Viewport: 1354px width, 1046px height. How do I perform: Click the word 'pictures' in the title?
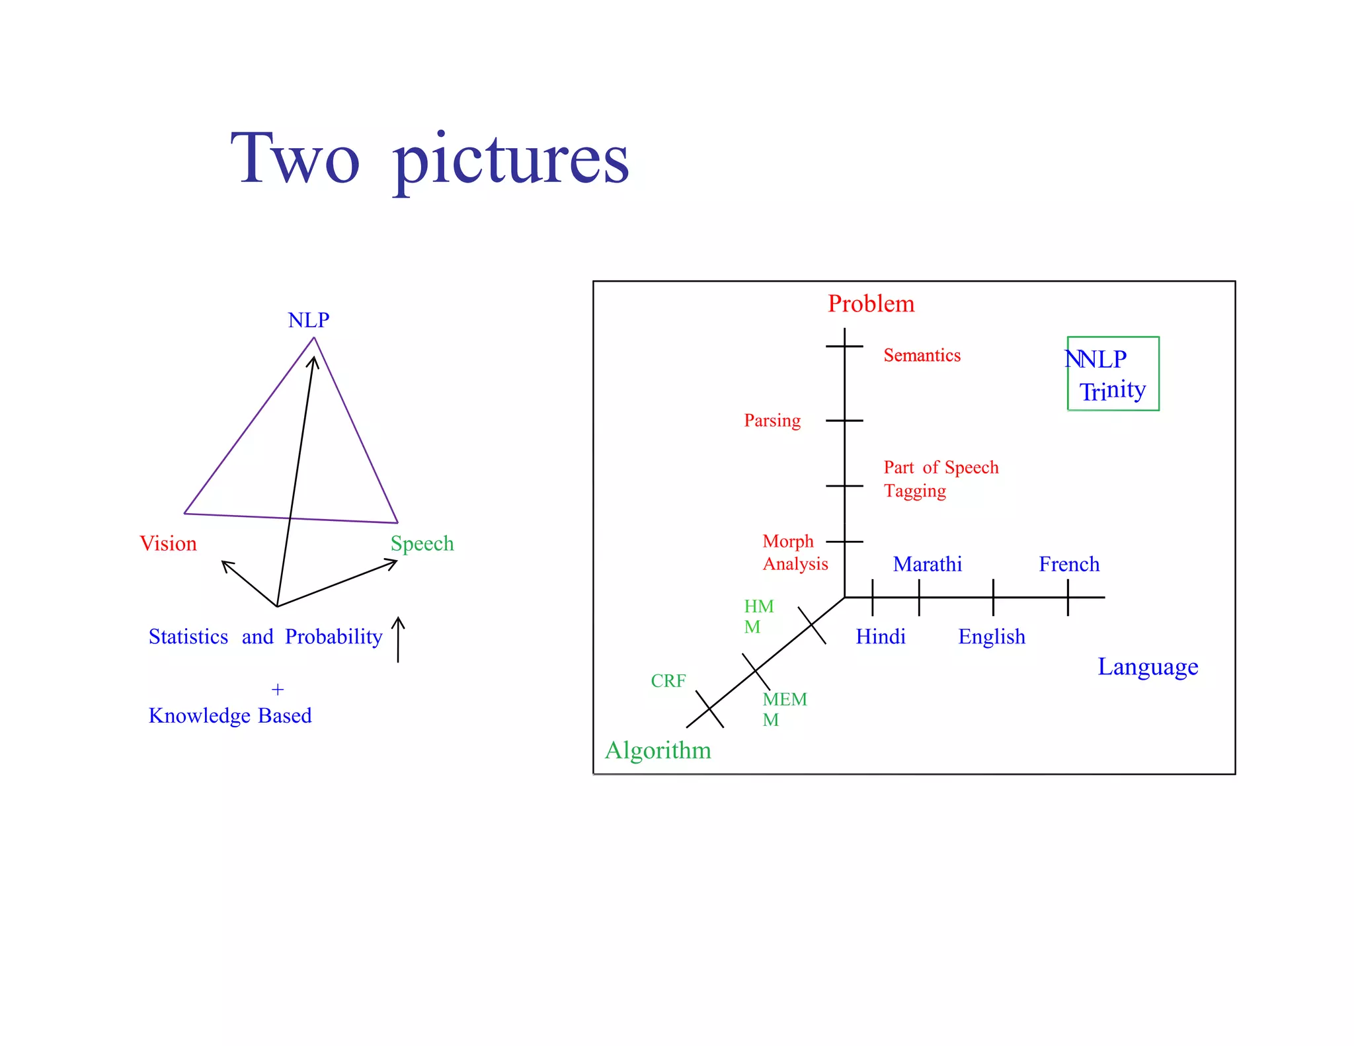pos(510,161)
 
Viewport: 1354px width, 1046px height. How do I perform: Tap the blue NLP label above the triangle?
pos(308,320)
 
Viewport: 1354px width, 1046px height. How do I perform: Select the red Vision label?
pos(168,543)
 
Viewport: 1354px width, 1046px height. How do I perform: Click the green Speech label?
pos(422,543)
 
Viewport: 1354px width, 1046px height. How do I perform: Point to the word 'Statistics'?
pos(188,637)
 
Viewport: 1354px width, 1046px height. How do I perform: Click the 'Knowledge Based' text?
pos(230,715)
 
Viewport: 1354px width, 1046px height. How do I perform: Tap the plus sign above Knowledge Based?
pos(278,690)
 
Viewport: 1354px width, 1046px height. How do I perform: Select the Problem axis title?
pos(871,303)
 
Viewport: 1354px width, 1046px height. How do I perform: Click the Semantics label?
pos(922,356)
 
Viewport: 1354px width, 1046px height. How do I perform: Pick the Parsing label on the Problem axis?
pos(772,421)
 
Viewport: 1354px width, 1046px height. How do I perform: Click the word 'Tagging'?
pos(915,491)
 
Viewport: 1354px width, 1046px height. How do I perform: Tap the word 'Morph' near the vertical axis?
pos(787,542)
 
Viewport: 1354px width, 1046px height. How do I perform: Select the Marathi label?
pos(927,564)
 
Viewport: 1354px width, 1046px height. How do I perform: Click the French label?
pos(1069,564)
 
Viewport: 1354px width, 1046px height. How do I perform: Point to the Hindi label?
pos(880,637)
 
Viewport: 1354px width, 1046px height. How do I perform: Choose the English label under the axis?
pos(992,637)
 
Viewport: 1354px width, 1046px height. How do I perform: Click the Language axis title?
pos(1148,667)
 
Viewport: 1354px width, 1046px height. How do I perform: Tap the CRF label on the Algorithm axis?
pos(668,681)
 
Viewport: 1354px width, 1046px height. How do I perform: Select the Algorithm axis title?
pos(658,751)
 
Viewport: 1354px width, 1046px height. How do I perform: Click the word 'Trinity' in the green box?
pos(1113,391)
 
